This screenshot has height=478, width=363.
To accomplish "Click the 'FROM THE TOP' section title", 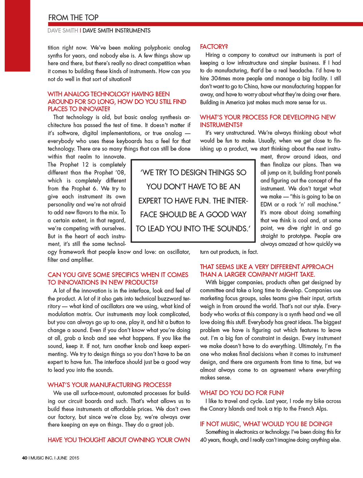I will tap(73, 17).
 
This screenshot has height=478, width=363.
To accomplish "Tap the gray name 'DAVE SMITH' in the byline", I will tap(63, 31).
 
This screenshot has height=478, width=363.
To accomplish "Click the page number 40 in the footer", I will tap(25, 458).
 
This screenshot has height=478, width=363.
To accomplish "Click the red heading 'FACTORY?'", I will tap(214, 47).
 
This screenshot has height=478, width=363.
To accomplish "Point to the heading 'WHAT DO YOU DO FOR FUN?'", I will tap(242, 393).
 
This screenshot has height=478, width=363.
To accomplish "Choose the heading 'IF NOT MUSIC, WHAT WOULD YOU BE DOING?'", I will tap(266, 424).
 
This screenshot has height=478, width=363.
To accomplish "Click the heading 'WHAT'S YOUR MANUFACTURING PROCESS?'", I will tap(109, 385).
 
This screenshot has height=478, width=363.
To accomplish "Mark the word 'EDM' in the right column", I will tap(266, 204).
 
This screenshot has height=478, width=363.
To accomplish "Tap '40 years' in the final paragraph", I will tap(211, 440).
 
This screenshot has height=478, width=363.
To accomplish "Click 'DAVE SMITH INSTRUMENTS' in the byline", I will tap(117, 31).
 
